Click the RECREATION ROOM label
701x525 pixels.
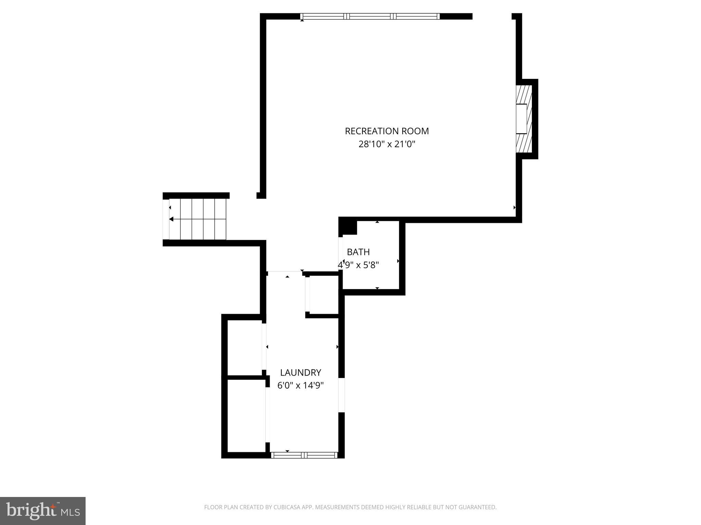coord(386,131)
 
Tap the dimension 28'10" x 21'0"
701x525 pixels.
coord(386,144)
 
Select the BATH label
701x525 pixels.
coord(358,252)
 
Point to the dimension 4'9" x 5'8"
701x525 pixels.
coord(358,265)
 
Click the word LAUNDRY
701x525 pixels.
coord(301,373)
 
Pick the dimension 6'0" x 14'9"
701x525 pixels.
coord(301,386)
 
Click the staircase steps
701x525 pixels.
coord(197,219)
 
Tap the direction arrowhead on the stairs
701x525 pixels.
coord(171,219)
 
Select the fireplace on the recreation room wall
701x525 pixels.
coord(523,119)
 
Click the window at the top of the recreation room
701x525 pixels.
coord(370,16)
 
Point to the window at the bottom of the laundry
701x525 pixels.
coord(304,455)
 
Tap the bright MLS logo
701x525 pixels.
coord(42,511)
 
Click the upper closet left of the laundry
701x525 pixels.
coord(244,347)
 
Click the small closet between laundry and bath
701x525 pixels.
coord(324,295)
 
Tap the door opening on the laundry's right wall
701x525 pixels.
coord(342,395)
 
